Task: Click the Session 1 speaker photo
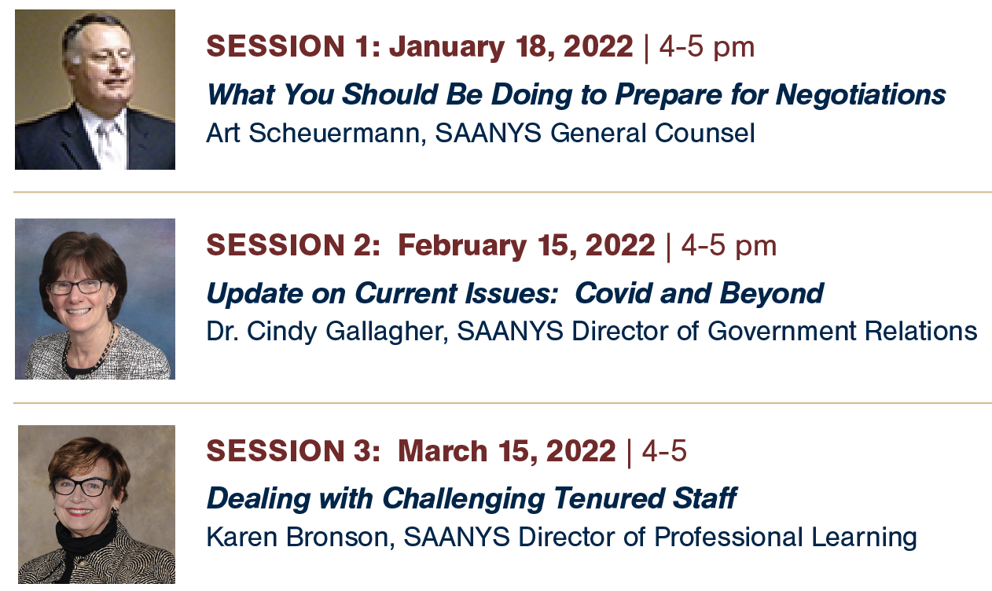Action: pos(95,90)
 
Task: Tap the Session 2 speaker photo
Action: pos(95,299)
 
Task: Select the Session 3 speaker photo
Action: pos(97,505)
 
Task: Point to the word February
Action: pos(462,247)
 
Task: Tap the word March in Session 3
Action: pos(443,451)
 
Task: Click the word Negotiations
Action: pos(861,95)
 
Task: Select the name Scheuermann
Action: pos(334,133)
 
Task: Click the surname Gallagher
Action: pos(387,332)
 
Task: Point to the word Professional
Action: pos(728,537)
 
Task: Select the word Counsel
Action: pos(704,133)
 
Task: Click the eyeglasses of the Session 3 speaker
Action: pos(83,486)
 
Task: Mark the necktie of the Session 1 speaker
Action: pos(107,141)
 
